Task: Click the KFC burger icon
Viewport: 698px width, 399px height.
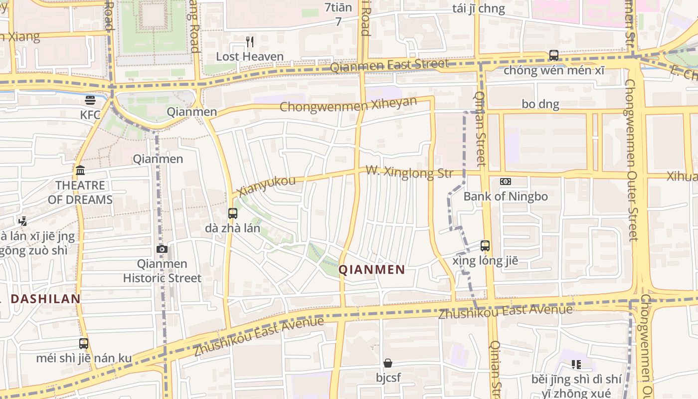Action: coord(90,100)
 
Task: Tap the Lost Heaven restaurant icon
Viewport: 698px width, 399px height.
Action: coord(250,42)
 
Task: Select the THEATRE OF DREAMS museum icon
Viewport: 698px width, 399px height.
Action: coord(80,171)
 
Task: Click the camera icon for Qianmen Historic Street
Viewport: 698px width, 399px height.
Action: coord(162,249)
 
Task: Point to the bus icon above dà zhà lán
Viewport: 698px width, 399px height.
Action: coord(232,213)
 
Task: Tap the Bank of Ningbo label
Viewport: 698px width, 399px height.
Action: coord(506,197)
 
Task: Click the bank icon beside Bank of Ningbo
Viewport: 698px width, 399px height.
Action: coord(506,182)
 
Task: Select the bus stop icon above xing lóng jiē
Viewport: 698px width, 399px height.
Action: coord(485,245)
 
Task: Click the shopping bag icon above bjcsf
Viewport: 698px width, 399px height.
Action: coord(388,363)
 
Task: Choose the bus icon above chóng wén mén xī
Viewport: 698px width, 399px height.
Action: coord(554,55)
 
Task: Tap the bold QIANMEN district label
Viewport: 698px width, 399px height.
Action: coord(372,270)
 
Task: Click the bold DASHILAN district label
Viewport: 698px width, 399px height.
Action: coord(45,299)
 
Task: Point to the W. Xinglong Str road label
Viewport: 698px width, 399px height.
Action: coord(409,173)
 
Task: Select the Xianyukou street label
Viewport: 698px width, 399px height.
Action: coord(266,186)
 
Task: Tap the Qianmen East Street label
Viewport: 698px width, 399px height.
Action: coord(389,65)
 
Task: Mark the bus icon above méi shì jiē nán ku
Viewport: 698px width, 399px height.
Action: coord(84,343)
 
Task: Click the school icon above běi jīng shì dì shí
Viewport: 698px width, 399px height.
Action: coord(576,365)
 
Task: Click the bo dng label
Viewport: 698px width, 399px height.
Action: coord(540,104)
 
